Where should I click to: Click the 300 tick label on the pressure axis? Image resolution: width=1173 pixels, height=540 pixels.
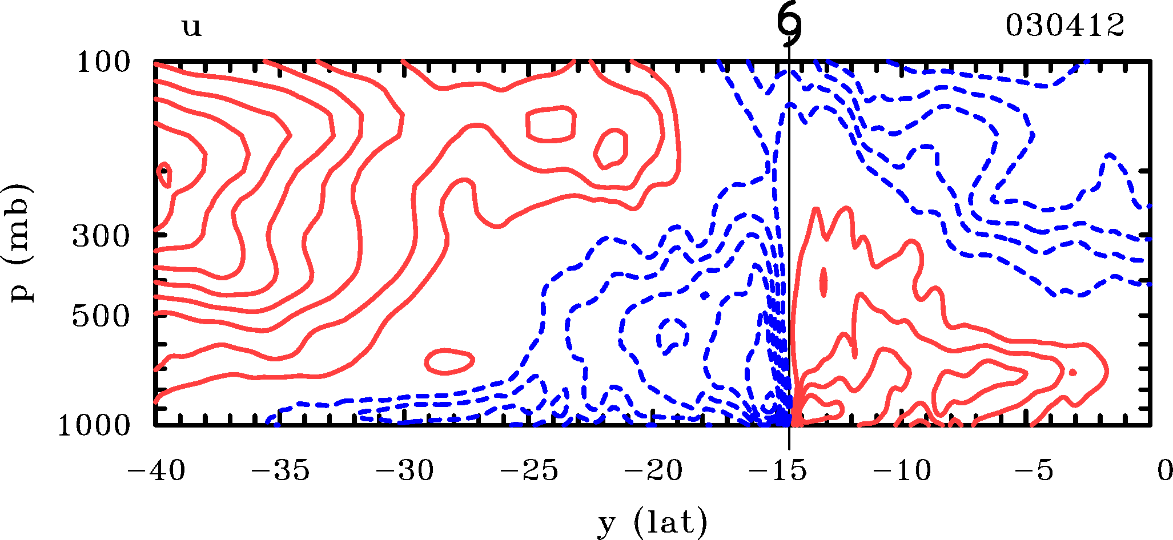coord(101,236)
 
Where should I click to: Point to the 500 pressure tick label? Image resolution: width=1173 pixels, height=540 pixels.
coord(101,316)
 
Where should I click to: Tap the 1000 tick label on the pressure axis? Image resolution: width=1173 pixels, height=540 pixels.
coord(94,425)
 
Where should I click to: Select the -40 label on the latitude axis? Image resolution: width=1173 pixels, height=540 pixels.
coord(156,472)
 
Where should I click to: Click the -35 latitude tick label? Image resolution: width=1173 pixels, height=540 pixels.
coord(280,472)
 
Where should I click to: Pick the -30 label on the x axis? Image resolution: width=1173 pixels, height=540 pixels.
coord(404,472)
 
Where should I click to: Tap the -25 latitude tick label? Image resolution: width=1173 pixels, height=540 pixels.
coord(529,472)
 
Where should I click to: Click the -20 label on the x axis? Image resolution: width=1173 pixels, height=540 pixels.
coord(653,472)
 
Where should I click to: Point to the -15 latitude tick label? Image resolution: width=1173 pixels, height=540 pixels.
coord(777,472)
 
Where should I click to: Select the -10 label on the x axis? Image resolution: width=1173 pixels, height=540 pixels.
coord(902,472)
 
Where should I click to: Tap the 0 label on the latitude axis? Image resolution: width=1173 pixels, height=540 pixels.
coord(1164,472)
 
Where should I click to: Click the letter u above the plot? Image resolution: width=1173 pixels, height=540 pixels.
coord(192,26)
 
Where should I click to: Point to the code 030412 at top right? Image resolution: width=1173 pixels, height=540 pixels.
coord(1064,25)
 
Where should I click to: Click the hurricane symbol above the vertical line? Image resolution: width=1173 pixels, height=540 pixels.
coord(789,26)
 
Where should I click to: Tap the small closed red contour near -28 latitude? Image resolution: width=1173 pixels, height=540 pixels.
coord(450,361)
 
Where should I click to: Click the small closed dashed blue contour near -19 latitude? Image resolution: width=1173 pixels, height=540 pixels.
coord(672,335)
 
